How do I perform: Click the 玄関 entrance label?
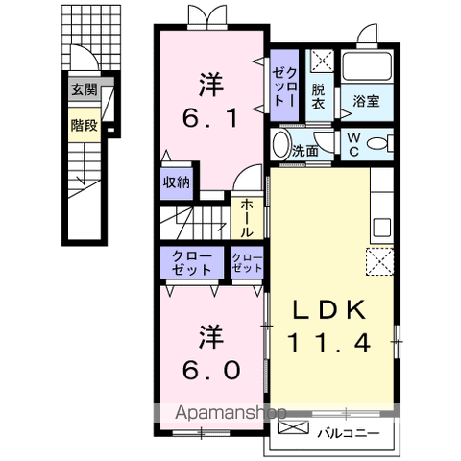click(x=85, y=89)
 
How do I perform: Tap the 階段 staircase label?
click(x=85, y=124)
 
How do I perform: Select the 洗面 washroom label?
click(x=305, y=151)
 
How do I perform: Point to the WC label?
click(x=355, y=144)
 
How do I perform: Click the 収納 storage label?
click(x=176, y=181)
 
